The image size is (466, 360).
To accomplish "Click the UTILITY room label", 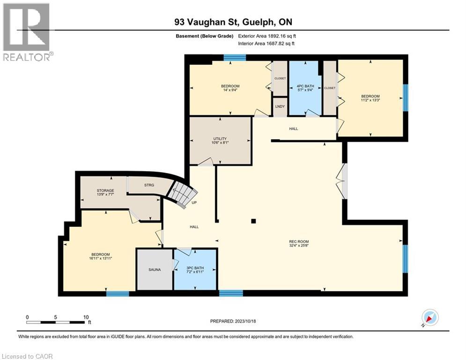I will point(220,141).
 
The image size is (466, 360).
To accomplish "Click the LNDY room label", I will point(280,106).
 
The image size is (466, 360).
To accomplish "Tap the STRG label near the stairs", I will point(149,185).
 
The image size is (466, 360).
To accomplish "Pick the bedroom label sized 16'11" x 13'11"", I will point(101,256).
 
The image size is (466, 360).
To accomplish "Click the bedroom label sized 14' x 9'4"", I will point(230,88).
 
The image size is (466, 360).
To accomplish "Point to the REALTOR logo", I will point(27,32).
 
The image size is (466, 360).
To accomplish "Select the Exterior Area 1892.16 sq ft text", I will point(266,36).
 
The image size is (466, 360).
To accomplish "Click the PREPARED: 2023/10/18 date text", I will point(234,321).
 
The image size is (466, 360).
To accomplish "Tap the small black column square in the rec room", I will point(253,221).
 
